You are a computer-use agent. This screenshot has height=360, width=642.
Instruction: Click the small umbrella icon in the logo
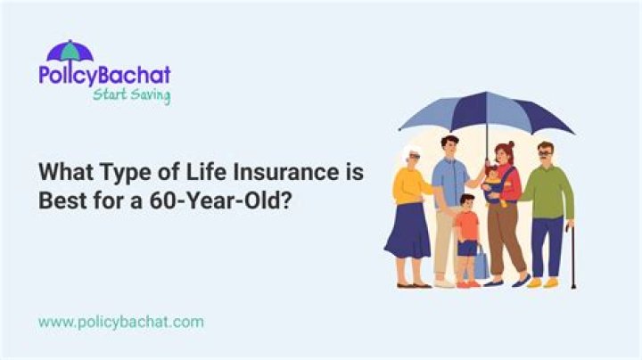click(x=70, y=51)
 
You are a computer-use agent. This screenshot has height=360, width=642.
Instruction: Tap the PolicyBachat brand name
click(x=104, y=75)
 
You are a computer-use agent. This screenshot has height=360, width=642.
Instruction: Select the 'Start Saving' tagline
click(x=131, y=95)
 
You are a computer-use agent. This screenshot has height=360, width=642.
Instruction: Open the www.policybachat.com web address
click(x=120, y=321)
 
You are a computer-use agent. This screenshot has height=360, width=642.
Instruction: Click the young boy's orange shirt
click(x=466, y=225)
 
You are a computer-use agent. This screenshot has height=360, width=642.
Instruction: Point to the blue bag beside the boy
click(x=481, y=264)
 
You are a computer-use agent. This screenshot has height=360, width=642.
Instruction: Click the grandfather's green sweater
click(x=547, y=191)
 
